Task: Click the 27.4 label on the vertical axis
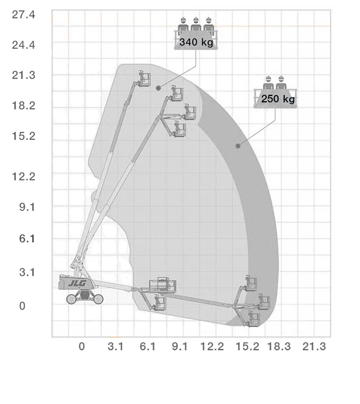click(24, 15)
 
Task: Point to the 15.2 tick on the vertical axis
click(24, 136)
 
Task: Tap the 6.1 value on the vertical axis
click(27, 238)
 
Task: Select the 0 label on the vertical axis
click(22, 306)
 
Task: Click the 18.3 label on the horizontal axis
click(279, 346)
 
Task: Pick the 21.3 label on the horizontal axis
click(314, 346)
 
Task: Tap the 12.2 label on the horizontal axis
click(212, 346)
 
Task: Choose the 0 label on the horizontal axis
click(82, 346)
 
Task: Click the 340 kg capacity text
click(196, 42)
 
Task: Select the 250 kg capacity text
click(278, 99)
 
